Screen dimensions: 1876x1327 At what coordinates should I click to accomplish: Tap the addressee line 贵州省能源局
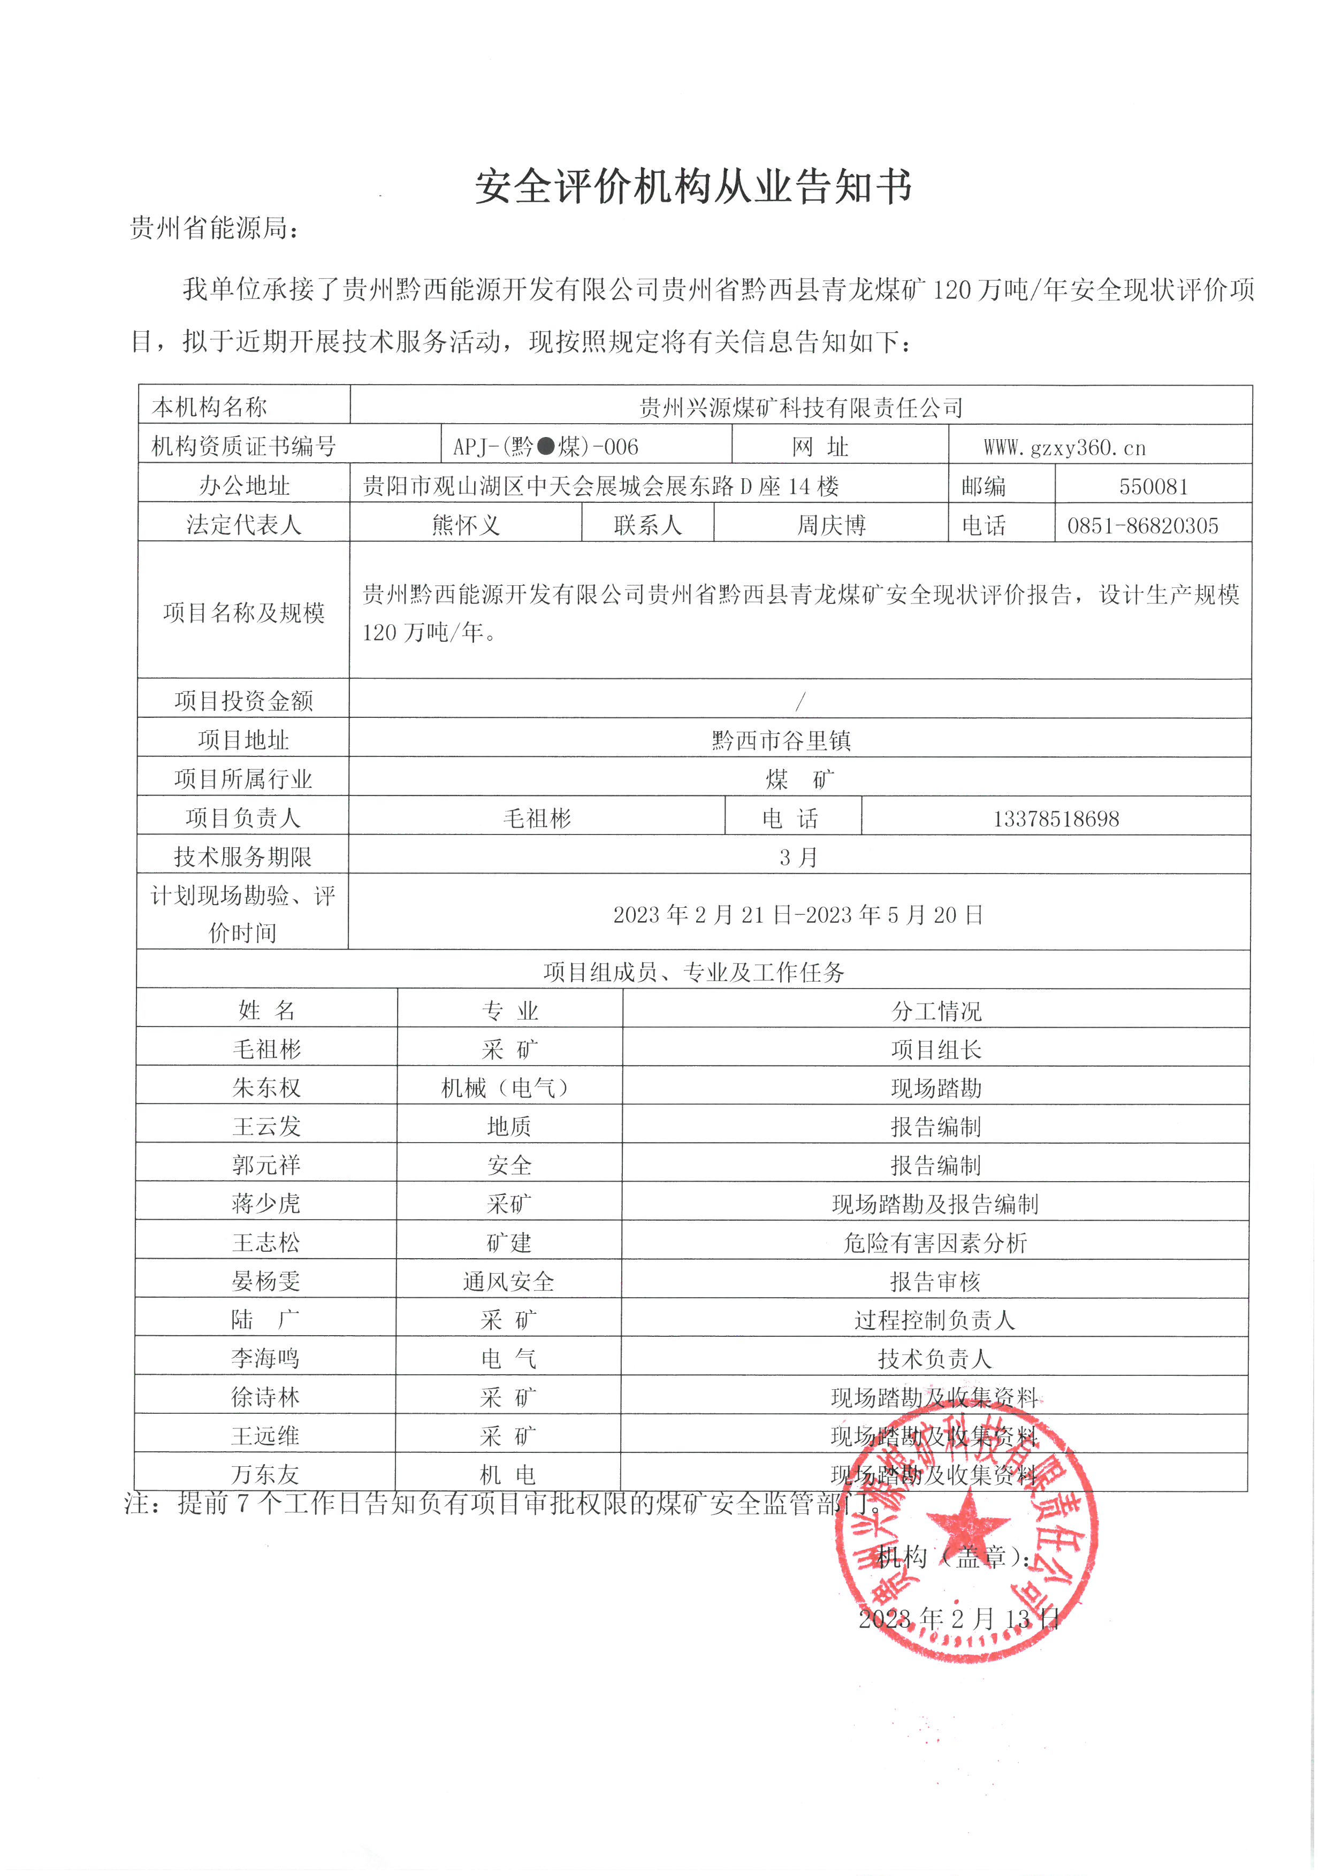214,229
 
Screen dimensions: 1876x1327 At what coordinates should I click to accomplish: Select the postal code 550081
1153,487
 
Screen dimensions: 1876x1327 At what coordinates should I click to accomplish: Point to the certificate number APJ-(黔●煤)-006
546,447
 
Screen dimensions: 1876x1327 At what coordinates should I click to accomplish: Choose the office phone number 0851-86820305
1142,525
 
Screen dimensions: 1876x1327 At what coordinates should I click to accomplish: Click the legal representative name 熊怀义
466,525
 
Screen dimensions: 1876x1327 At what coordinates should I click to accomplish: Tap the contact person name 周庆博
831,525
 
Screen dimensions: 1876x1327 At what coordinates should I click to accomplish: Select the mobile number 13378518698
1056,818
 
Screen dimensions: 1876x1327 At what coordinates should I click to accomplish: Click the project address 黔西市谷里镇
781,740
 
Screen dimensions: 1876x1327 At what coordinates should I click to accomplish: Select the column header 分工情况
936,1012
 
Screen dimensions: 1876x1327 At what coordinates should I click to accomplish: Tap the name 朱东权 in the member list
266,1089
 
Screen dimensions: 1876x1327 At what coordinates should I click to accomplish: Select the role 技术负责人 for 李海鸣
935,1359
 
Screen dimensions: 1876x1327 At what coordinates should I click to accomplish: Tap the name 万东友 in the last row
265,1475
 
